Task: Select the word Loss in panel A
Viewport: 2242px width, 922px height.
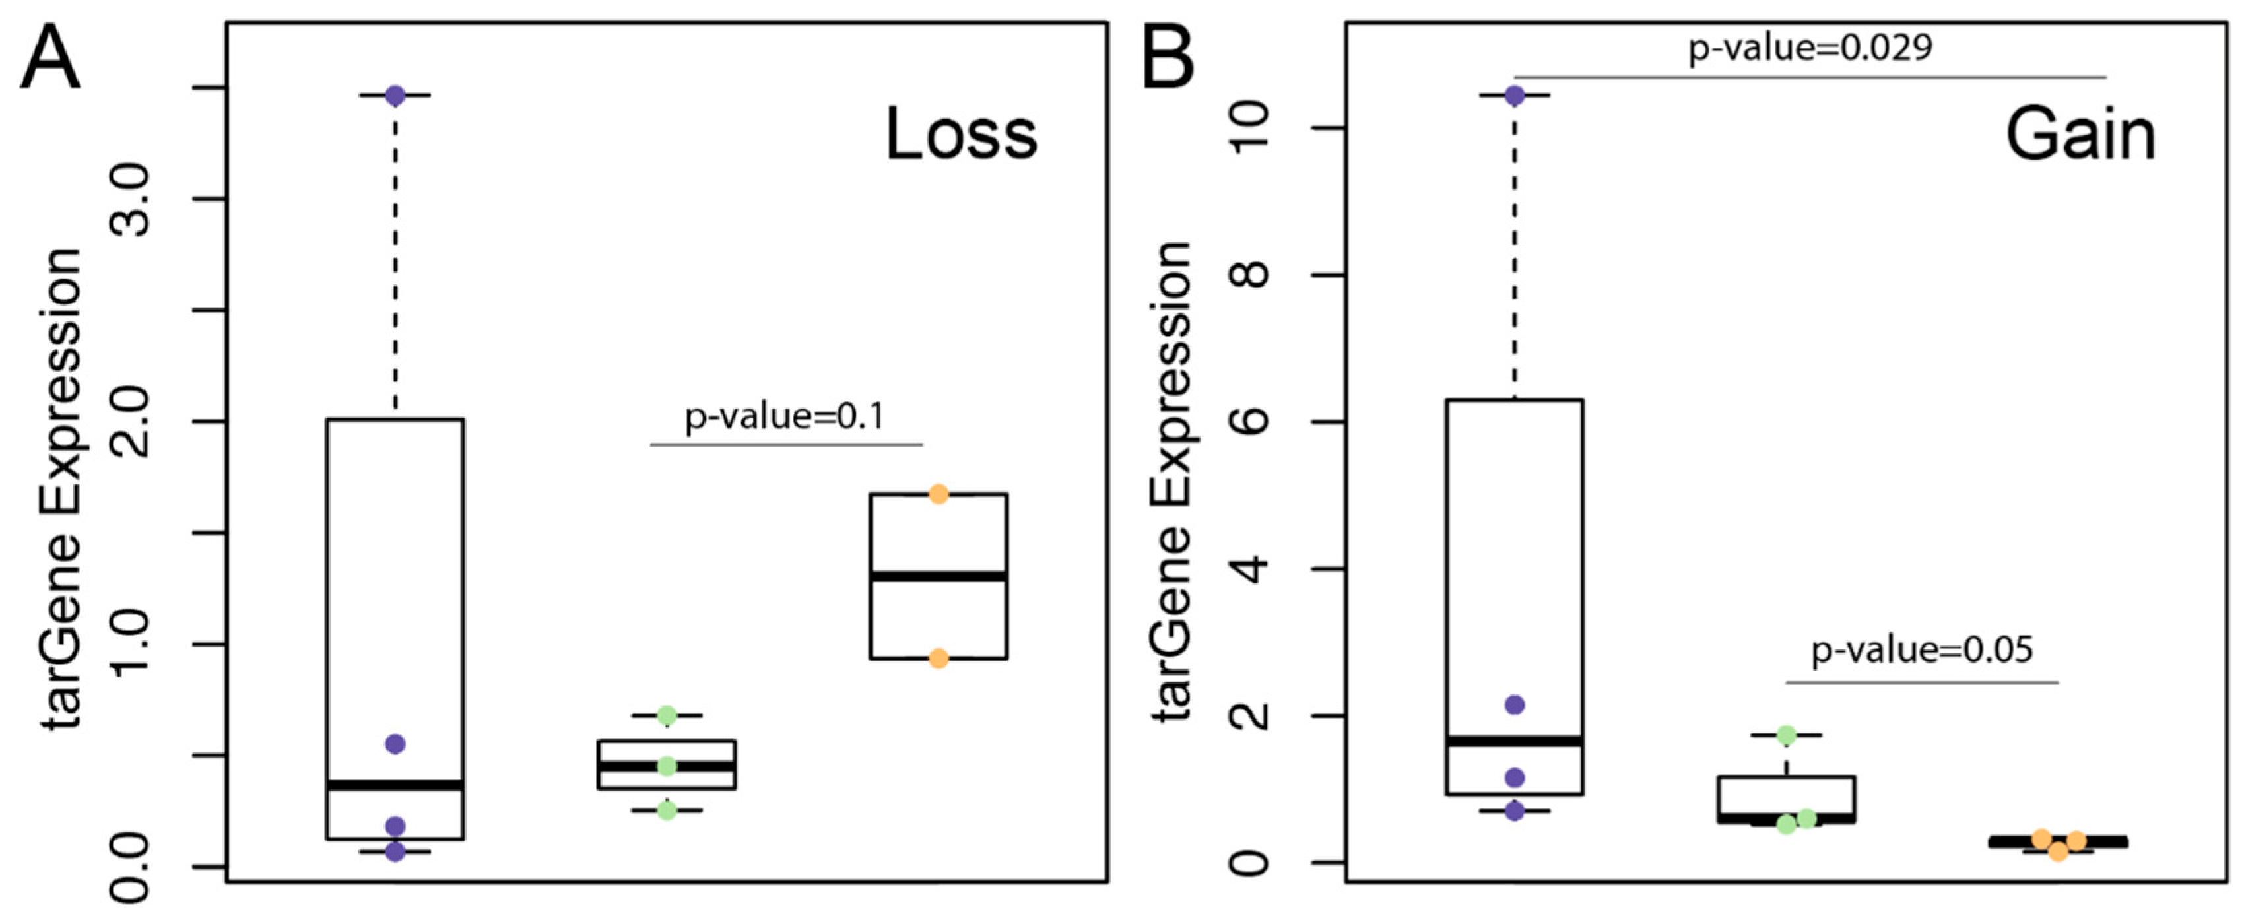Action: [x=961, y=135]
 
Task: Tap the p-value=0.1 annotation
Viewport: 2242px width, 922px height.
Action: [x=784, y=417]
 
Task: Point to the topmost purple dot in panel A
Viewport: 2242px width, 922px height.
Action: [x=395, y=96]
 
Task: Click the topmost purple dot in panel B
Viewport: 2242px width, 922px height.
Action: [x=1515, y=96]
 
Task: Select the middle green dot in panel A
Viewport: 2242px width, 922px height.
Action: [x=667, y=766]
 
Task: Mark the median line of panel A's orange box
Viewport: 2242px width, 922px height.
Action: [x=939, y=576]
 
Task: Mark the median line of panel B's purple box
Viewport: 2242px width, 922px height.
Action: [x=1515, y=742]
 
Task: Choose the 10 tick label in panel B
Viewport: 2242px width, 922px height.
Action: [x=1251, y=128]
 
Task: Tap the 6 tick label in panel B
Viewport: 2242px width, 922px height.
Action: [x=1251, y=421]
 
